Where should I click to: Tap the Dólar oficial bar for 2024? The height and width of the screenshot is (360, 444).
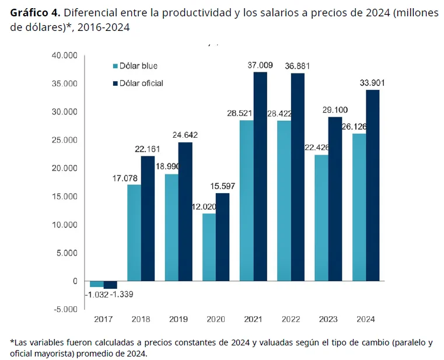372,185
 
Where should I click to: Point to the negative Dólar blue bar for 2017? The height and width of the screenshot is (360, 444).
96,284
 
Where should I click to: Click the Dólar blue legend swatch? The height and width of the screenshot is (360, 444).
115,67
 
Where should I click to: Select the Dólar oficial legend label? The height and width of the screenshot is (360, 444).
141,83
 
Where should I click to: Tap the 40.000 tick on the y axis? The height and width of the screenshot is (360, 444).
65,55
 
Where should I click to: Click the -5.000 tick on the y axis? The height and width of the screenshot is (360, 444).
65,309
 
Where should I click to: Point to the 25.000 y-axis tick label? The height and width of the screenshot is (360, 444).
65,140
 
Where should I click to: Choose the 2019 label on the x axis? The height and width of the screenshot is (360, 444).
178,320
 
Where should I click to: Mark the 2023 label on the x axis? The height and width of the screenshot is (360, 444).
328,320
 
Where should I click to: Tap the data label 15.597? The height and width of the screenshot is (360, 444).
222,186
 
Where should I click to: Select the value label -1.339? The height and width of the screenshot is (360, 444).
121,295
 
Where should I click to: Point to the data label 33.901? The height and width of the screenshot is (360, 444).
372,83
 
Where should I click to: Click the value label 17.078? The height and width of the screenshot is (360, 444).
126,178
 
